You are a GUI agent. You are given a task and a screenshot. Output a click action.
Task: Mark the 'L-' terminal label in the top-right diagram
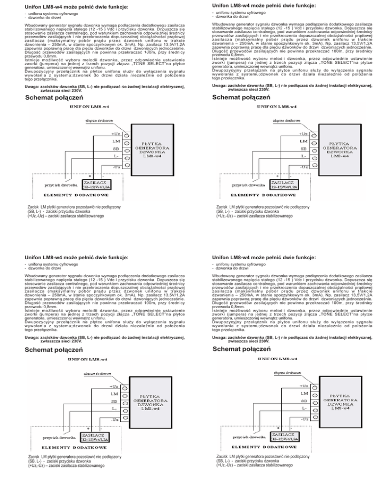(304, 157)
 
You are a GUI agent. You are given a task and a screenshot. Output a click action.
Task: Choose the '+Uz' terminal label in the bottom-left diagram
(112, 386)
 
